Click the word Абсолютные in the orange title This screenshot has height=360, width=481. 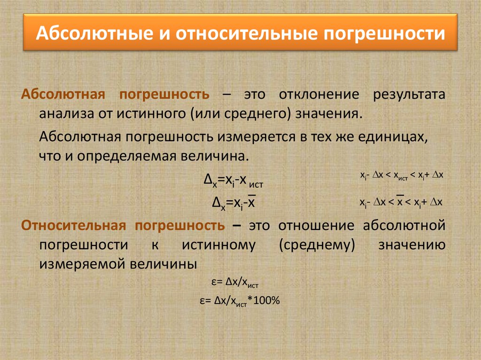[94, 33]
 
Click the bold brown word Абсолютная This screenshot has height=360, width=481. [63, 94]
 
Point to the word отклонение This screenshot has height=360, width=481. [319, 94]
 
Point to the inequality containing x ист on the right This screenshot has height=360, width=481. [402, 176]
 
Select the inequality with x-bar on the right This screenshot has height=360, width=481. [401, 201]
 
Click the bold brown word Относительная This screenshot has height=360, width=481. [73, 225]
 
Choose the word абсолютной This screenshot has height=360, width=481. [404, 225]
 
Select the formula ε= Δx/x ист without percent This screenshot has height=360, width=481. [235, 283]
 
